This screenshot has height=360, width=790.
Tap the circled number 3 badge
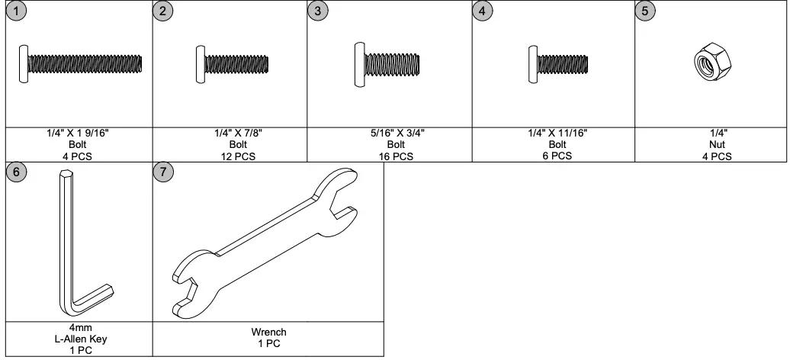(318, 12)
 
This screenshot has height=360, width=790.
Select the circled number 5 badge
(645, 12)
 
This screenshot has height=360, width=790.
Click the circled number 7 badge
(163, 172)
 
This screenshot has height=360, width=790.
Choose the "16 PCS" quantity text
(395, 156)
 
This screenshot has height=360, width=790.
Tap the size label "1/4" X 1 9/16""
(79, 133)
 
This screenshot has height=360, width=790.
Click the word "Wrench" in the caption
(268, 333)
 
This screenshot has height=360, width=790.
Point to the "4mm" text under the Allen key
(79, 327)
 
